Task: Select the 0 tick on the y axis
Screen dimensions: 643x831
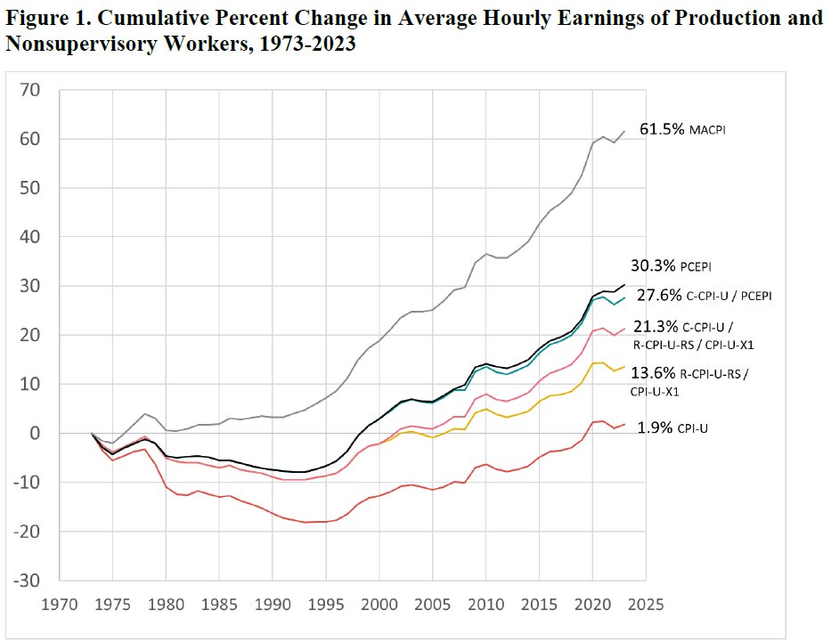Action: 37,434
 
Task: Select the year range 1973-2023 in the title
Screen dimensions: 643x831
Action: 307,45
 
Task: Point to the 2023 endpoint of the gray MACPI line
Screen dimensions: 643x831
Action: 624,131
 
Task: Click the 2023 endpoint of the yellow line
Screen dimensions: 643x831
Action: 624,366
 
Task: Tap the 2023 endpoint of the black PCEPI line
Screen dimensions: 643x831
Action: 624,285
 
